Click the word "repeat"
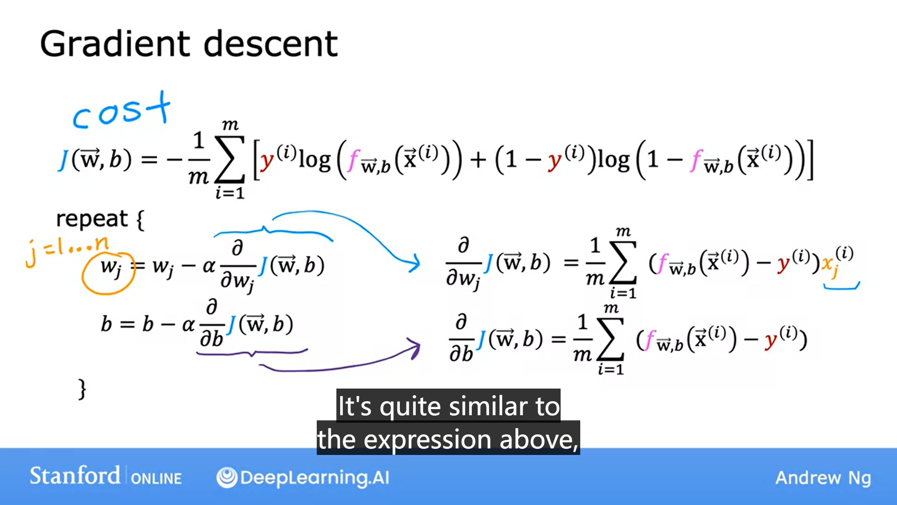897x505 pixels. tap(92, 219)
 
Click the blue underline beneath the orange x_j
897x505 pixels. tap(841, 287)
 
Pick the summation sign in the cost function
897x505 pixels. tap(230, 159)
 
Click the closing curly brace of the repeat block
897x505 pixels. tap(82, 389)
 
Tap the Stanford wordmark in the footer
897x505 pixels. tap(75, 476)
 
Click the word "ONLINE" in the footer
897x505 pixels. tap(156, 478)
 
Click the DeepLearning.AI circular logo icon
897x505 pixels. tap(227, 477)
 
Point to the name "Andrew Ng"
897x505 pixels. tap(823, 478)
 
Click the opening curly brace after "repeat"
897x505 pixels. tap(140, 220)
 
